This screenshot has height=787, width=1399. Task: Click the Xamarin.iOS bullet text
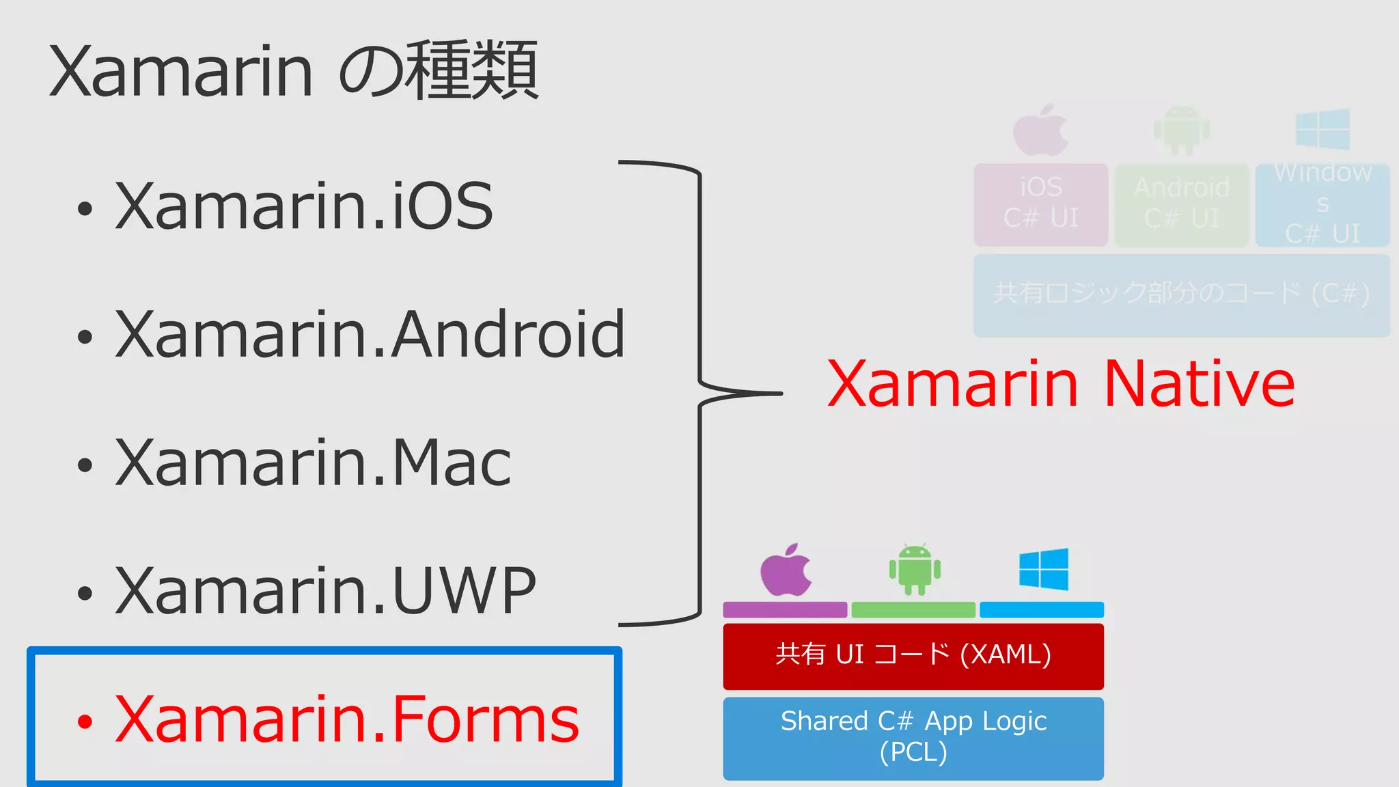tap(304, 206)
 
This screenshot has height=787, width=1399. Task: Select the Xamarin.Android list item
tap(370, 334)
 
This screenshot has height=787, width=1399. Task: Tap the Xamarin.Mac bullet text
tap(313, 462)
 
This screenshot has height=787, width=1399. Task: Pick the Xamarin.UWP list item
tap(325, 591)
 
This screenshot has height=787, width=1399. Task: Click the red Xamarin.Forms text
tap(347, 719)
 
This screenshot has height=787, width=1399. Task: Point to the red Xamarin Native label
tap(1060, 384)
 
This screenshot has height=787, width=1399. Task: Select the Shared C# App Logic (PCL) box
tap(913, 738)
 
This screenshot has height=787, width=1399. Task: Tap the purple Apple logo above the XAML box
tap(786, 570)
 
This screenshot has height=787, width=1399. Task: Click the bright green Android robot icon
tap(915, 569)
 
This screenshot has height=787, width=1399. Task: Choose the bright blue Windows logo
tap(1043, 569)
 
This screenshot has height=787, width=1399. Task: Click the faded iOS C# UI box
tap(1040, 204)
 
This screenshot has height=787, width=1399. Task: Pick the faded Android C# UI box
tap(1182, 204)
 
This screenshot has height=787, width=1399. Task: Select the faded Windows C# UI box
tap(1322, 204)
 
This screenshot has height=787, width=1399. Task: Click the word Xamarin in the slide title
tap(181, 72)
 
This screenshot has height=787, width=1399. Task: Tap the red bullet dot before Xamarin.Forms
tap(85, 721)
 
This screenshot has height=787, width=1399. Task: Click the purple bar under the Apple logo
tap(785, 609)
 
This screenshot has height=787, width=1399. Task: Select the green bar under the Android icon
tap(913, 609)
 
